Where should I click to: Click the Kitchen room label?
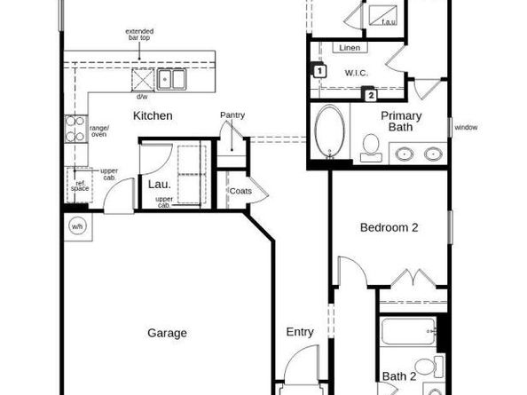point(153,116)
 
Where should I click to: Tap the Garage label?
point(167,334)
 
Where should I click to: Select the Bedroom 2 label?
point(389,228)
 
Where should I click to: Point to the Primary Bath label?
point(402,122)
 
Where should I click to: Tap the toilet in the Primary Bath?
point(372,146)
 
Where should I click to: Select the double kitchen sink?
point(173,79)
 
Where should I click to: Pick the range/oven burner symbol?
point(75,130)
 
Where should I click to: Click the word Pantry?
point(232,115)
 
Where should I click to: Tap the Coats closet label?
point(240,191)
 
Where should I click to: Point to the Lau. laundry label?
point(160,184)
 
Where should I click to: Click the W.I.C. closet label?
point(358,73)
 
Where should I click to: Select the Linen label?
point(349,48)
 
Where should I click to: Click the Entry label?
point(300,332)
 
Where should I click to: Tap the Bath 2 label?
point(399,376)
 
